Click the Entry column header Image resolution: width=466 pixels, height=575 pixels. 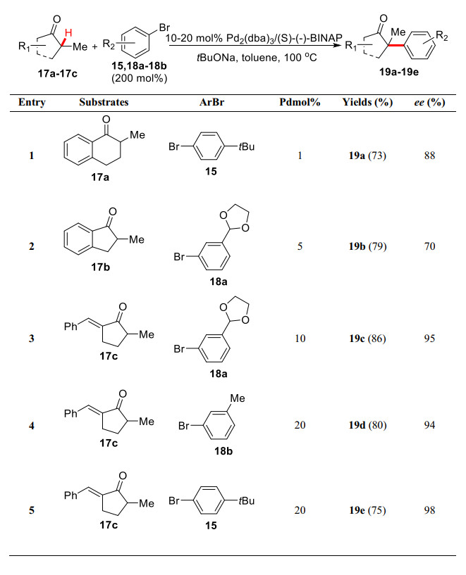click(x=32, y=102)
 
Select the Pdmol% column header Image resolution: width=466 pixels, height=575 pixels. click(x=300, y=102)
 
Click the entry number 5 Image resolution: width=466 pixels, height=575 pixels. click(x=31, y=510)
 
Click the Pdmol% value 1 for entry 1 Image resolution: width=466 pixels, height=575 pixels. click(x=300, y=156)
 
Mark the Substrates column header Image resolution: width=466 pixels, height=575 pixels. click(x=104, y=102)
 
